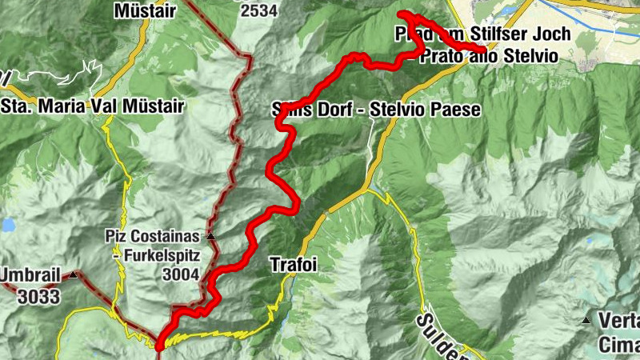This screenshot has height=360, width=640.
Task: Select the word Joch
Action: pyautogui.click(x=550, y=34)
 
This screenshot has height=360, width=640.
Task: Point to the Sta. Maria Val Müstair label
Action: pyautogui.click(x=93, y=106)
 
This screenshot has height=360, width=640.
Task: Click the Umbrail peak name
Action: pyautogui.click(x=29, y=275)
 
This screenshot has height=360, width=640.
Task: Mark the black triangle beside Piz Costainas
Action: pyautogui.click(x=210, y=237)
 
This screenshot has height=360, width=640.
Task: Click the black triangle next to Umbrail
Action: pyautogui.click(x=73, y=275)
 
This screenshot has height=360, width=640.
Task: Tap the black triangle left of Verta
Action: pyautogui.click(x=587, y=322)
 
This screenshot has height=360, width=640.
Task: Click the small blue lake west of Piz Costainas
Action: pyautogui.click(x=8, y=226)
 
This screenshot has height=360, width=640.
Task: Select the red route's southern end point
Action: pyautogui.click(x=159, y=346)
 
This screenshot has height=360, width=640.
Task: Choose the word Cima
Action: pyautogui.click(x=619, y=346)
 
